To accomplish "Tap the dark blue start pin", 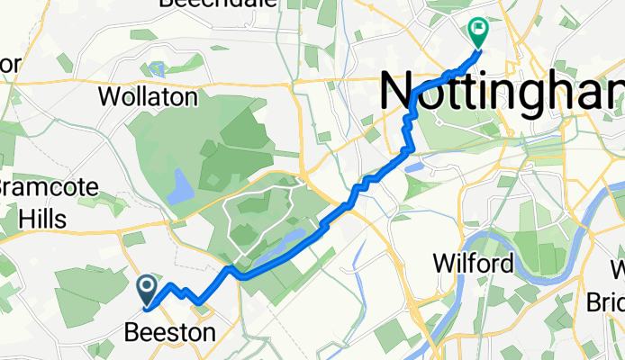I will [147, 288].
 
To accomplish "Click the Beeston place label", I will [169, 332].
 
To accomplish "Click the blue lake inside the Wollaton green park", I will [180, 187].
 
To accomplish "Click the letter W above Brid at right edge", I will [617, 269].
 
